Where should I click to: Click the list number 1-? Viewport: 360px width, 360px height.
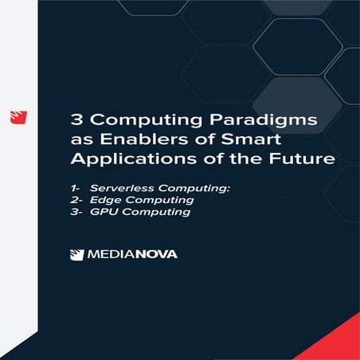click(74, 187)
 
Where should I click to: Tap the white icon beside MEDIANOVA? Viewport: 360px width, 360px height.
click(76, 255)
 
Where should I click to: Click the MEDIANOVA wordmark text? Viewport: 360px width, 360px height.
click(132, 255)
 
